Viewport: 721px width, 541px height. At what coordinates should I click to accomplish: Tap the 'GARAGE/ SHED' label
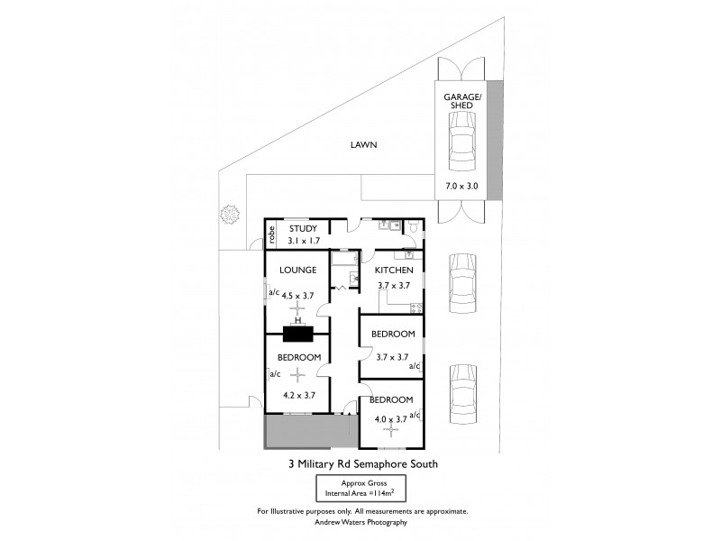[461, 100]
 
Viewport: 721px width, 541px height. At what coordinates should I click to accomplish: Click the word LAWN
[364, 144]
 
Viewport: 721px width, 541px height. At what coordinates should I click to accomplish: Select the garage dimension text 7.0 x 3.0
[461, 187]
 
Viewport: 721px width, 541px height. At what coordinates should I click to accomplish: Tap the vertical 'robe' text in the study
[270, 234]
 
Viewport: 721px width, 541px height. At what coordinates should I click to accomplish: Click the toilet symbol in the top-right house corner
[413, 228]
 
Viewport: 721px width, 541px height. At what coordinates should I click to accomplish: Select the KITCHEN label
[394, 270]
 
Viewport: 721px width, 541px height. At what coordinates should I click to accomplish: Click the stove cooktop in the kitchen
[415, 308]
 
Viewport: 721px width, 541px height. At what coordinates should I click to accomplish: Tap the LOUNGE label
[297, 270]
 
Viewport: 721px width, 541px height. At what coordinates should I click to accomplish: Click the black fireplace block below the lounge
[297, 334]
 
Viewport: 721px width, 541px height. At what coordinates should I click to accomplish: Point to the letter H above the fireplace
[297, 319]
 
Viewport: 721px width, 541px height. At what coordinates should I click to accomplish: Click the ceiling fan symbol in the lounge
[297, 308]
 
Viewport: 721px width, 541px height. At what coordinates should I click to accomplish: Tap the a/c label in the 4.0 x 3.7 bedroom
[415, 415]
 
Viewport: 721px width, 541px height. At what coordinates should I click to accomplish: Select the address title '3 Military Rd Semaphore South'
[362, 465]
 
